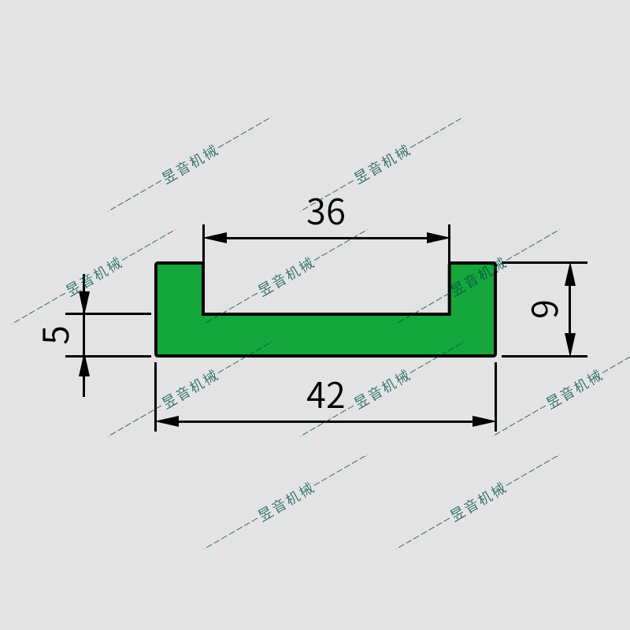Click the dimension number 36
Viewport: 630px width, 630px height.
point(326,213)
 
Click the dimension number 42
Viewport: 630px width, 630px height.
point(326,395)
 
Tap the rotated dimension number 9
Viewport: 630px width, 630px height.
point(545,308)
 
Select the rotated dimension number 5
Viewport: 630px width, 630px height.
point(56,334)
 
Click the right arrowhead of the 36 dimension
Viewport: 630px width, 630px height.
point(439,238)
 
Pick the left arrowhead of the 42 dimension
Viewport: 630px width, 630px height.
point(167,421)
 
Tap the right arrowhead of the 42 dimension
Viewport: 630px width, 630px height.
point(484,421)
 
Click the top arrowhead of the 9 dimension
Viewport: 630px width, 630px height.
point(570,273)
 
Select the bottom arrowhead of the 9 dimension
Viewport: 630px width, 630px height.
point(570,345)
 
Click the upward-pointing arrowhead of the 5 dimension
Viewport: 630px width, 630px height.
point(84,367)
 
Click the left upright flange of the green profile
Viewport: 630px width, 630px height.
point(180,288)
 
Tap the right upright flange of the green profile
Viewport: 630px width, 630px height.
point(472,288)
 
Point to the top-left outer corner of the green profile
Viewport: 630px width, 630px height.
point(157,263)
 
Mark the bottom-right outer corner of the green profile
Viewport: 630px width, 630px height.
point(495,355)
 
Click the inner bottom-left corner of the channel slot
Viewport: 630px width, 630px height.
point(203,314)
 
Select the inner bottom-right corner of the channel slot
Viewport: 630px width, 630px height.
point(450,314)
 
